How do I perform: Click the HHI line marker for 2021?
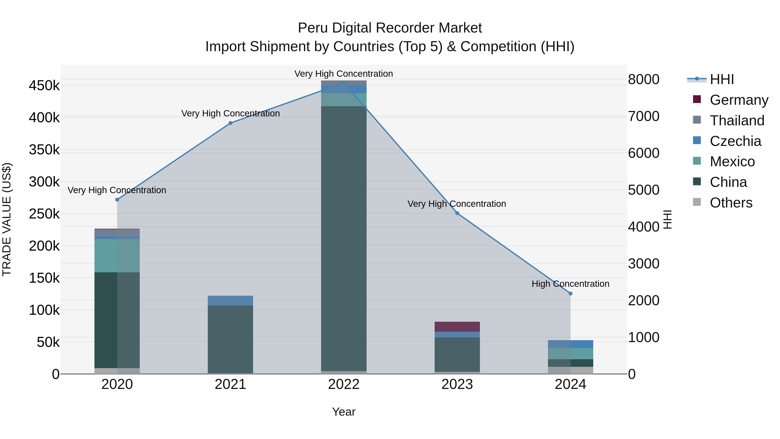(x=231, y=123)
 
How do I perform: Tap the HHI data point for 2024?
(x=570, y=294)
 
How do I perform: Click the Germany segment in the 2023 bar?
(x=457, y=327)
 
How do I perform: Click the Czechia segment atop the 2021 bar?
(x=231, y=300)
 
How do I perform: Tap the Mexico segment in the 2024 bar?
(x=570, y=354)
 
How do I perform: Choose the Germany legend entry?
(x=739, y=100)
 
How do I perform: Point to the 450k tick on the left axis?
(x=44, y=86)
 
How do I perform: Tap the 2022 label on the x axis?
(x=344, y=384)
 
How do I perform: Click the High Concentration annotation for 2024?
(x=570, y=284)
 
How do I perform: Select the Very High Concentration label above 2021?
(x=231, y=113)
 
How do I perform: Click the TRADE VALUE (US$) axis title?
(x=7, y=219)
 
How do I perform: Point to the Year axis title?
(x=344, y=412)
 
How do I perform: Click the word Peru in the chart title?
(x=313, y=28)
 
